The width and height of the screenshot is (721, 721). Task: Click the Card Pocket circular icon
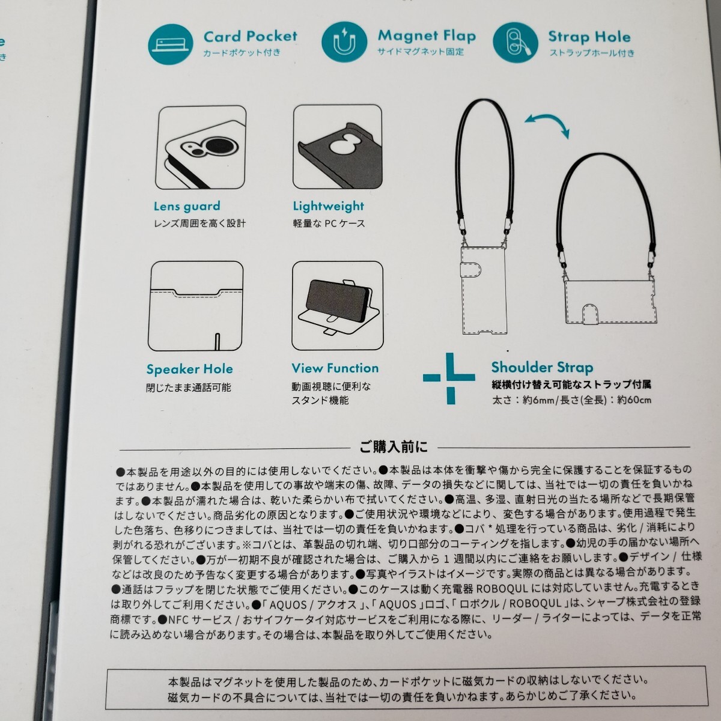pyautogui.click(x=171, y=44)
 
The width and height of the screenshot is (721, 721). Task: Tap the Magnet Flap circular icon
pyautogui.click(x=344, y=43)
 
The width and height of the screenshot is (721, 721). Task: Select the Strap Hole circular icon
pyautogui.click(x=515, y=43)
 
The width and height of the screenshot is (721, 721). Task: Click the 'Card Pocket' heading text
pyautogui.click(x=250, y=37)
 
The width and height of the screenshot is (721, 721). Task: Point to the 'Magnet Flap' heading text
pyautogui.click(x=427, y=36)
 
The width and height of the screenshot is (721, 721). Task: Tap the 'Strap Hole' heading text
pyautogui.click(x=589, y=37)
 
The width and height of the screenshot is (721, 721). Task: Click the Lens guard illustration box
pyautogui.click(x=201, y=148)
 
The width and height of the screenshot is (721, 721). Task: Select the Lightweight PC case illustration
pyautogui.click(x=337, y=148)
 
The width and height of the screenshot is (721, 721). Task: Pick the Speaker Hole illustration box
pyautogui.click(x=195, y=306)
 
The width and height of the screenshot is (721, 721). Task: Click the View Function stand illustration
pyautogui.click(x=337, y=306)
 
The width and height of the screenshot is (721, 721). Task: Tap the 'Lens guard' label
pyautogui.click(x=187, y=207)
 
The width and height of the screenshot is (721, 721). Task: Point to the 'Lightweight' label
pyautogui.click(x=329, y=207)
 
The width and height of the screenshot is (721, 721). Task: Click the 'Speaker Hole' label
pyautogui.click(x=189, y=369)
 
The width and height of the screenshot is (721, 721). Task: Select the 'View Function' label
pyautogui.click(x=335, y=368)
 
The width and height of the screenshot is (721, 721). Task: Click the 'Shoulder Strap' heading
pyautogui.click(x=542, y=367)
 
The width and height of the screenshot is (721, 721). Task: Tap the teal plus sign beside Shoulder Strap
pyautogui.click(x=450, y=378)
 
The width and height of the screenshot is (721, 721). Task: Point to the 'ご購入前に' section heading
pyautogui.click(x=394, y=446)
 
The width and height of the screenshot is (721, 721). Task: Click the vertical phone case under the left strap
pyautogui.click(x=484, y=289)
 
